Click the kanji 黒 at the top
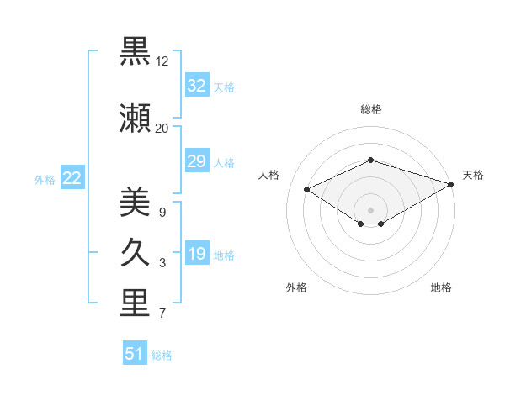(135, 53)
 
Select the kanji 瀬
(135, 118)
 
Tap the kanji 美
(135, 203)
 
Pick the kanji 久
(135, 253)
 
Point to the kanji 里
(135, 305)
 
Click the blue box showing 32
(196, 86)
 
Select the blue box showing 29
(196, 161)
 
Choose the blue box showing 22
(72, 178)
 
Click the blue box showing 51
(135, 354)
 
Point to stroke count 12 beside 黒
(162, 62)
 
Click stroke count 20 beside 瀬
(162, 128)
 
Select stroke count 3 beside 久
(162, 264)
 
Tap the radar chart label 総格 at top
(371, 109)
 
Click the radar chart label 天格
(473, 175)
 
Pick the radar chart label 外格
(296, 287)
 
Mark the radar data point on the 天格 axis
(451, 184)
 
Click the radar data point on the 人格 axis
(307, 189)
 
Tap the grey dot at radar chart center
(370, 209)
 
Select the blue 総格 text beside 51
(162, 355)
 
